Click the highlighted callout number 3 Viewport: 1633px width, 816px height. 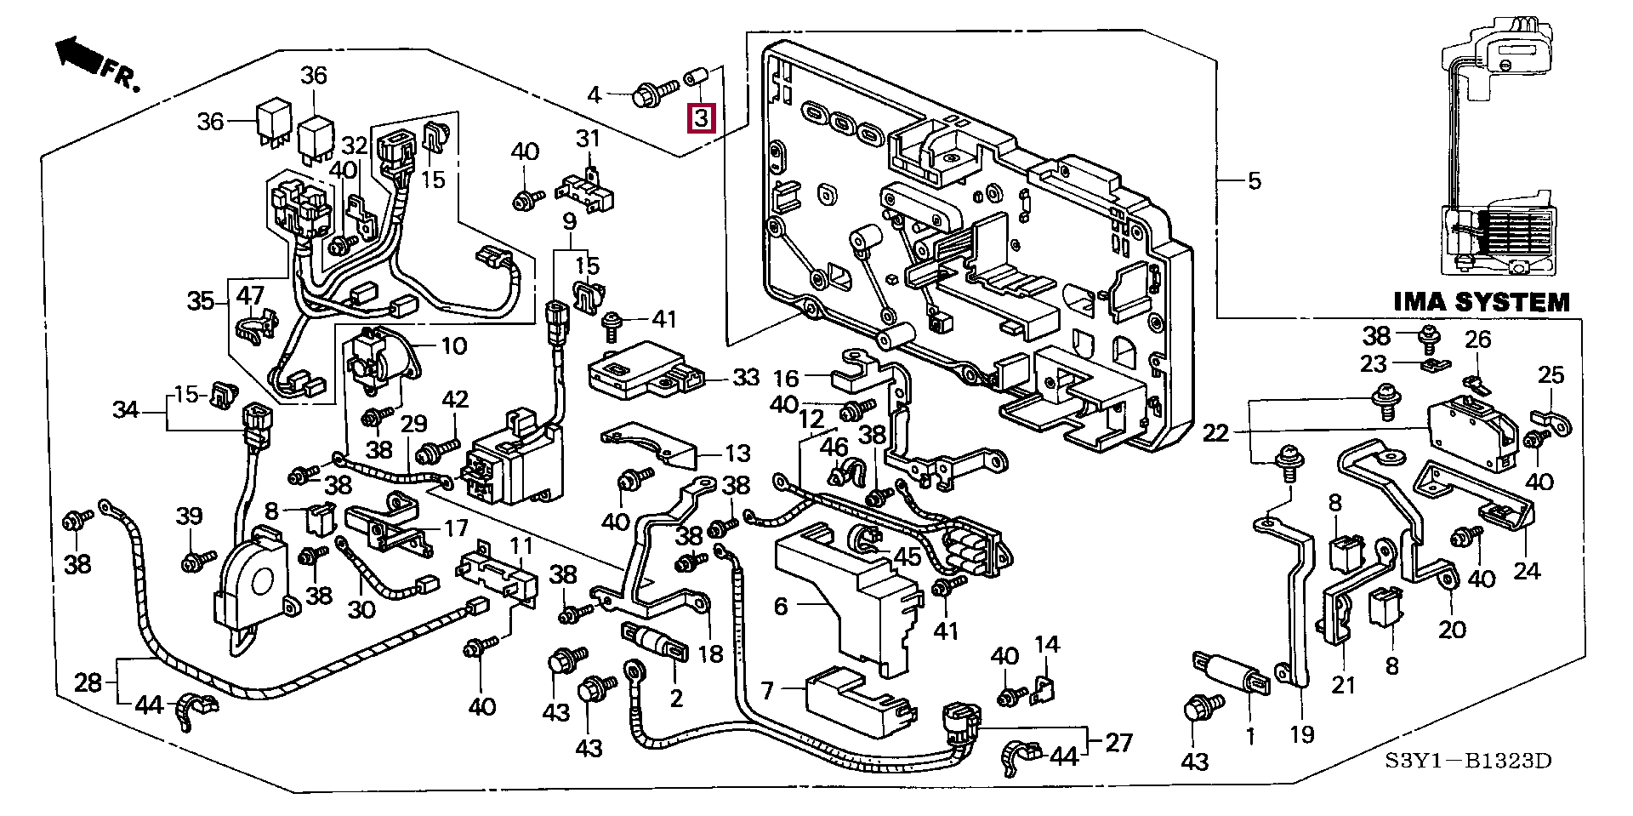tap(701, 118)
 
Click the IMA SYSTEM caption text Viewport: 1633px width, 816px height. tap(1482, 303)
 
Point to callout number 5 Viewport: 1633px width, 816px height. tap(1255, 181)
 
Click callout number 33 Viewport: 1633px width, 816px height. tap(746, 377)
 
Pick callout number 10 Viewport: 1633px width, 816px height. tap(454, 346)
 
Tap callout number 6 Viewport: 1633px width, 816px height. tap(781, 607)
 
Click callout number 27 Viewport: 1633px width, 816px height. tap(1118, 743)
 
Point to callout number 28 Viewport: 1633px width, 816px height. tap(88, 682)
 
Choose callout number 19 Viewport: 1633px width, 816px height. tap(1302, 735)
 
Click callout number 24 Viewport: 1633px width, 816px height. tap(1528, 570)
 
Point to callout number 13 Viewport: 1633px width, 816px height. tap(737, 454)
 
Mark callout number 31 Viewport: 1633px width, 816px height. tap(588, 139)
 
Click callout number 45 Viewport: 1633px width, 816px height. tap(908, 557)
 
